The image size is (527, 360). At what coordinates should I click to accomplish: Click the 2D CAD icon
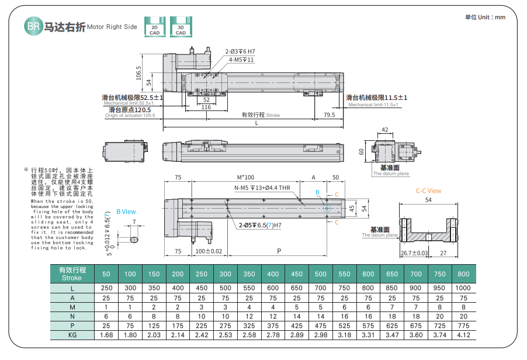coord(154,26)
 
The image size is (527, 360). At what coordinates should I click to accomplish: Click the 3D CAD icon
coord(181,26)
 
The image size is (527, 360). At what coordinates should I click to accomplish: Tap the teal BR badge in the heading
coord(33,26)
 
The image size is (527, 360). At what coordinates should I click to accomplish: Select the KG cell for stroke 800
coord(463,335)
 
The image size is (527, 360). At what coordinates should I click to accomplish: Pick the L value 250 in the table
coord(106,288)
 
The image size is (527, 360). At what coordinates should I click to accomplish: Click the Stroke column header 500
coord(321,274)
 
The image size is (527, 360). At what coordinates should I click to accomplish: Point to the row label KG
coord(72,335)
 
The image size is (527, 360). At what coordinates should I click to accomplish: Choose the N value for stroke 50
coord(106,316)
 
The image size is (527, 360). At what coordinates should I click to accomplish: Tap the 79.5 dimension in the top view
coord(329,115)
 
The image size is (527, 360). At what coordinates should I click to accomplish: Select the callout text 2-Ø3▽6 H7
coord(240,51)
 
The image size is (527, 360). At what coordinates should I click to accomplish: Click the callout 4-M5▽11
coord(241,60)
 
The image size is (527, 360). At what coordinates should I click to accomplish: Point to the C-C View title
coord(428,191)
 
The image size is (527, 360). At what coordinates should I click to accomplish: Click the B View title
coord(126,212)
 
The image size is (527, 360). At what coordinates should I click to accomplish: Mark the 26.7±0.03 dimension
coord(414,254)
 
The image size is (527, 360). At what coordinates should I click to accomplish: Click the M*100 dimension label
coord(245,177)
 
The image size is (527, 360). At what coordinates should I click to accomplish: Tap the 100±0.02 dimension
coord(209,251)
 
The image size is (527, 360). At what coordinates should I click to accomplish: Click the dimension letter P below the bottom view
coord(279,251)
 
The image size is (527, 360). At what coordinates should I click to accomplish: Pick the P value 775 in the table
coord(463,326)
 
